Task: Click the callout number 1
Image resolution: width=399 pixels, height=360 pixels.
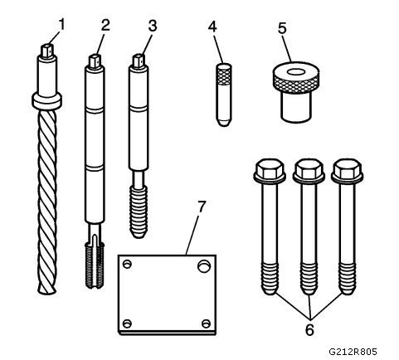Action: [x=62, y=25]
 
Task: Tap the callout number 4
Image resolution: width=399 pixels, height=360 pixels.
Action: [x=212, y=27]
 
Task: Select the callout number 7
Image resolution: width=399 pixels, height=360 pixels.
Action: [x=202, y=207]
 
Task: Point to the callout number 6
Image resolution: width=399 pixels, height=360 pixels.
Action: [x=309, y=329]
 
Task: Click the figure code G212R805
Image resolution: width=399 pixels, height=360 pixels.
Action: [x=353, y=352]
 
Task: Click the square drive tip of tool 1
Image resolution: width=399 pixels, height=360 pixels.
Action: [x=47, y=51]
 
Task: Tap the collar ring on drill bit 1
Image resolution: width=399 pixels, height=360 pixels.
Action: [x=46, y=100]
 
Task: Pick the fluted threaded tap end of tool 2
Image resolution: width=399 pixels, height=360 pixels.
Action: [x=95, y=265]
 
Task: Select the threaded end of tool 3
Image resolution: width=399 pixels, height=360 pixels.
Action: [x=139, y=212]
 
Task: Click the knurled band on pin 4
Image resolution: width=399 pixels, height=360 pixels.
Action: [x=223, y=75]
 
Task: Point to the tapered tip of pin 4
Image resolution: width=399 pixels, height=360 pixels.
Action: [x=224, y=122]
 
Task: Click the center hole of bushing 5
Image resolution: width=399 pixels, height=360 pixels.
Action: [x=296, y=72]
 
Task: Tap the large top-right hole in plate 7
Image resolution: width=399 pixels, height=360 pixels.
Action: [x=204, y=265]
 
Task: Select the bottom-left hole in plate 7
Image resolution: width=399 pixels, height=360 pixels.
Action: [x=127, y=324]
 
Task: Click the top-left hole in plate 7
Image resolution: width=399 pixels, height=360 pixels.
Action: [x=127, y=264]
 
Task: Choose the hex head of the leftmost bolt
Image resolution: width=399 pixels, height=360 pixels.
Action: [x=270, y=169]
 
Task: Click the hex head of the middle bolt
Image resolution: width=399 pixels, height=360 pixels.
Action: [x=309, y=169]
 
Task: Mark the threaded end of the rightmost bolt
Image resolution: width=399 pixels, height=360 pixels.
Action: [x=348, y=279]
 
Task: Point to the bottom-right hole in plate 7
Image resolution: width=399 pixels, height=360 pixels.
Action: [x=206, y=324]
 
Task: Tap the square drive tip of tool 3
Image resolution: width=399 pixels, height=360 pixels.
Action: [x=139, y=61]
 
